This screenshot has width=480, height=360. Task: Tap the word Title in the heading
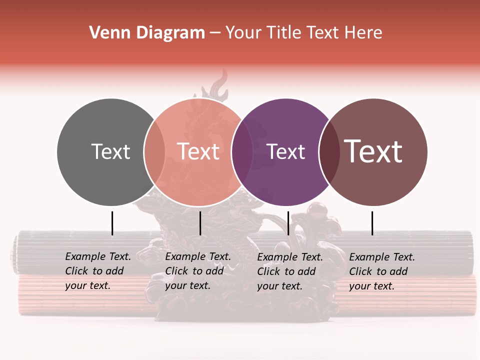click(284, 33)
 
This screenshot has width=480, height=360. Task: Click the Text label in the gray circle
click(110, 151)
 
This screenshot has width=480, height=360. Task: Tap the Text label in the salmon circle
click(198, 151)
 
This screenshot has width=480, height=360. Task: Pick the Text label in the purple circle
click(285, 151)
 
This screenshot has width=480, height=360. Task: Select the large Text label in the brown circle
click(373, 151)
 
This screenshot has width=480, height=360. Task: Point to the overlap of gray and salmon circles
click(154, 152)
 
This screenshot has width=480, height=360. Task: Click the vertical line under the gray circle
click(112, 223)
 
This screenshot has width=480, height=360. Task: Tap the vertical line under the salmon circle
click(200, 223)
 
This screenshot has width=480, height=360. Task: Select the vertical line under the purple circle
click(288, 223)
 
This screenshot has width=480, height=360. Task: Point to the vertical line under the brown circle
click(372, 223)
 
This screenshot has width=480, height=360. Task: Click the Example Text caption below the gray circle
click(98, 271)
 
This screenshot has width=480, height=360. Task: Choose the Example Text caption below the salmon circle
click(198, 271)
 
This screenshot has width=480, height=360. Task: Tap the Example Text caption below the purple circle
click(290, 271)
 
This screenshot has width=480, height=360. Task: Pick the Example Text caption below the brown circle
click(382, 271)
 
